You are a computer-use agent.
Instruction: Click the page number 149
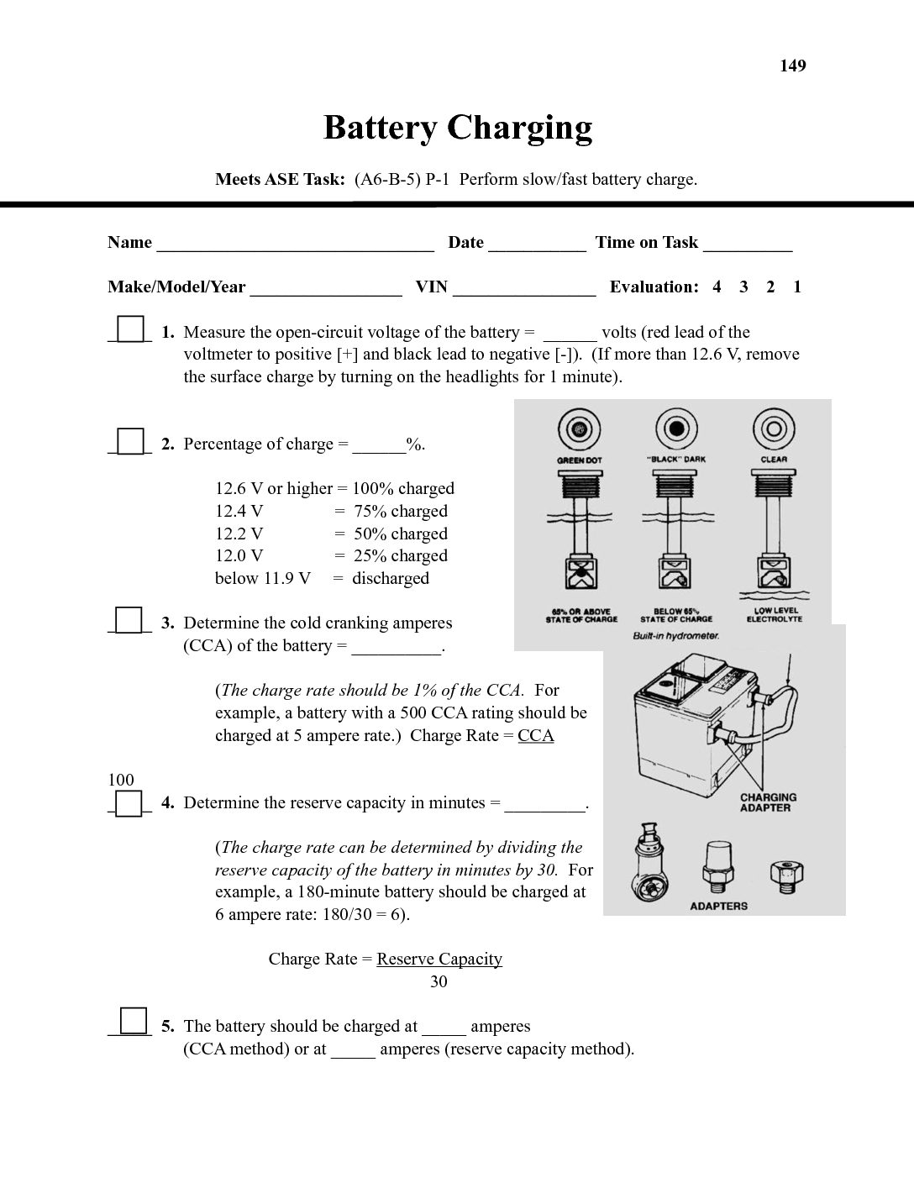coord(792,66)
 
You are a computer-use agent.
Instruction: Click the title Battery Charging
coord(458,128)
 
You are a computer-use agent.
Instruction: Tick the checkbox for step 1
coord(129,329)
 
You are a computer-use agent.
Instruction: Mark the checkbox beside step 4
coord(129,803)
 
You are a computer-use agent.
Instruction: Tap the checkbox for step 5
coord(134,1021)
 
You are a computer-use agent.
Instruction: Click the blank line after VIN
coord(524,290)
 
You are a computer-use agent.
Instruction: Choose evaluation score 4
coord(717,287)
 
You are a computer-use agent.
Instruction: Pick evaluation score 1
coord(797,287)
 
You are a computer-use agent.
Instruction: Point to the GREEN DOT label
coord(580,460)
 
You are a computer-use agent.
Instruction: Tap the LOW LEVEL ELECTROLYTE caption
coord(775,615)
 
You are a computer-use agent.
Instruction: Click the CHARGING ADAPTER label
coord(768,802)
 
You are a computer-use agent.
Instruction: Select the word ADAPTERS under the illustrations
coord(718,907)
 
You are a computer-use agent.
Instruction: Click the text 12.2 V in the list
coord(239,534)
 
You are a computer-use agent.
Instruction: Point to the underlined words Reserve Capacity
coord(439,960)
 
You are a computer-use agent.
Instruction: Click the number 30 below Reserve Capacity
coord(439,981)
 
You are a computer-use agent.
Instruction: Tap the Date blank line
coord(537,245)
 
